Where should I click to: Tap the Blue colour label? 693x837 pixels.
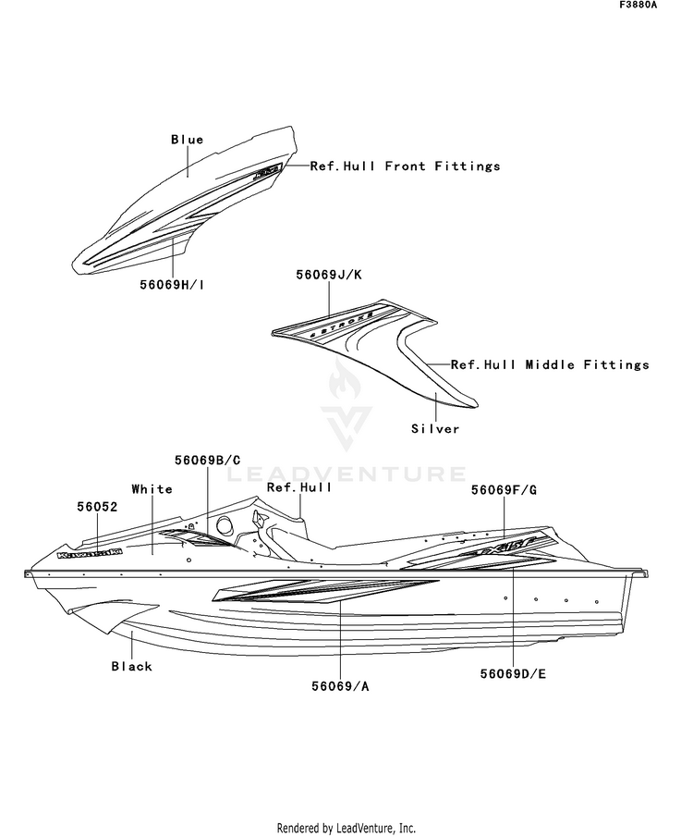[x=187, y=140]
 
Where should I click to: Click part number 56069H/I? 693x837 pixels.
[x=174, y=286]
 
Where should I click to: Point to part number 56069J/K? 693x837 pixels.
[x=329, y=275]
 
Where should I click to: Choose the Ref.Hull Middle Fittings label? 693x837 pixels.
[x=550, y=365]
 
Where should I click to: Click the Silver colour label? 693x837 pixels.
[x=435, y=429]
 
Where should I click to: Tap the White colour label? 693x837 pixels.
[x=152, y=488]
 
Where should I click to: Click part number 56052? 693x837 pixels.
[x=98, y=506]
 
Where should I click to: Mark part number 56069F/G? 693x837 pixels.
[x=504, y=489]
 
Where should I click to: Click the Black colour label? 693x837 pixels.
[x=131, y=666]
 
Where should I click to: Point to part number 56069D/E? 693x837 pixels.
[x=513, y=673]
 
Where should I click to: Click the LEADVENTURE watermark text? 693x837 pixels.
[x=346, y=474]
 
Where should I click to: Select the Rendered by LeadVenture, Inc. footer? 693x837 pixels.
[x=346, y=828]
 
